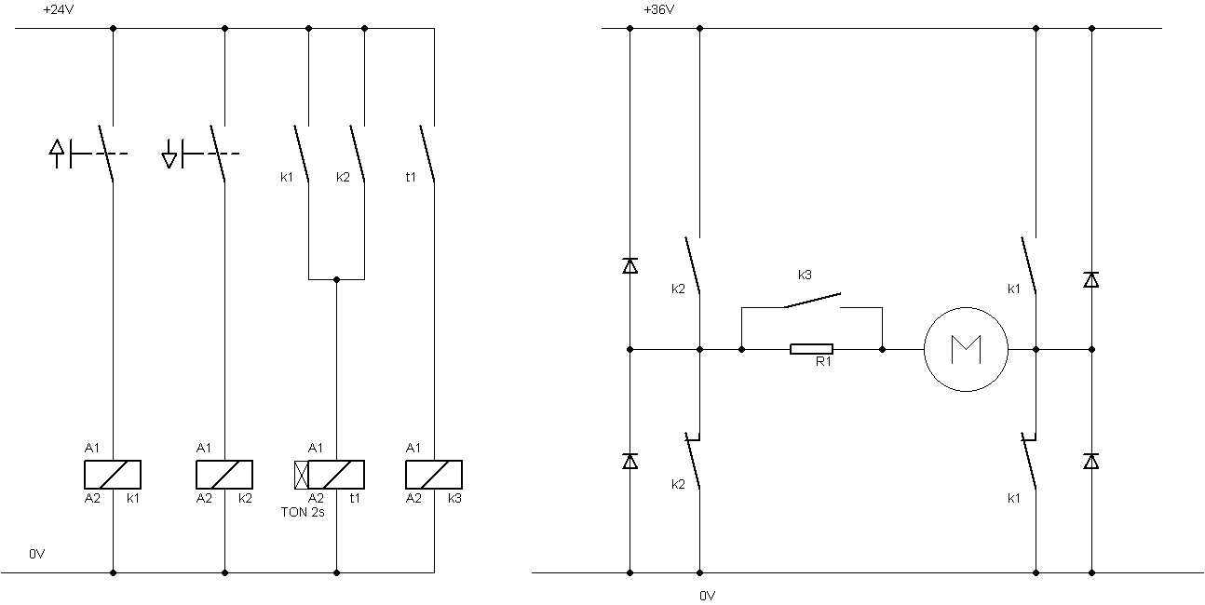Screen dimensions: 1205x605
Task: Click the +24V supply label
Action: (x=58, y=9)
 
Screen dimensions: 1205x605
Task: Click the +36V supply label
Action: (x=659, y=9)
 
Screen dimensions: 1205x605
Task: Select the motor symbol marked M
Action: (x=967, y=350)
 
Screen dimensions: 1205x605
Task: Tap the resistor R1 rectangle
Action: (x=811, y=349)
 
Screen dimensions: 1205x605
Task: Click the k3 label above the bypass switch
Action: (x=805, y=275)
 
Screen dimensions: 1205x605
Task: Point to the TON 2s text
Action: (x=303, y=512)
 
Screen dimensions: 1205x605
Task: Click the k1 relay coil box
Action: (x=113, y=475)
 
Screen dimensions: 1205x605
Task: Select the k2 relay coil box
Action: (x=224, y=475)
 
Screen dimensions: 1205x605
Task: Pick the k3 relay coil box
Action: (x=434, y=475)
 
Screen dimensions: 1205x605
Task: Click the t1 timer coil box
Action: (x=336, y=475)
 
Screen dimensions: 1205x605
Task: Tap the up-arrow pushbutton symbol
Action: (x=57, y=154)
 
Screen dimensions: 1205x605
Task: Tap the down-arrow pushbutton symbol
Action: (x=169, y=154)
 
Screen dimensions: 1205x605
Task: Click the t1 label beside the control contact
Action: (x=411, y=177)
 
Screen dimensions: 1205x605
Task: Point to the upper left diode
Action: (x=630, y=265)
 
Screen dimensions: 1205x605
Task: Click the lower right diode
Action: (x=1091, y=462)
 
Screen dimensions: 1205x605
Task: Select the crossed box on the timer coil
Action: (x=302, y=475)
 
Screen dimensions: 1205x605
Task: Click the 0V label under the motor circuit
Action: (x=708, y=596)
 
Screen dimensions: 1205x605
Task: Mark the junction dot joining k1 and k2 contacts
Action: (x=337, y=279)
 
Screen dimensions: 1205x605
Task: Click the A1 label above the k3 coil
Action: (x=413, y=448)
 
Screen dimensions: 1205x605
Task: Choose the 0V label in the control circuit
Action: (x=36, y=554)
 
